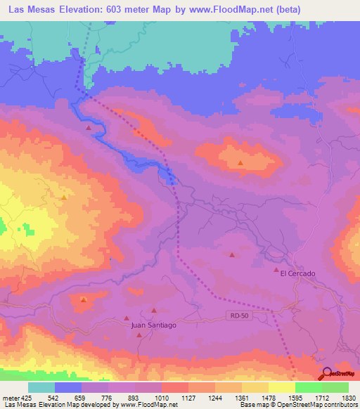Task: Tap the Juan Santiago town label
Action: coord(153,325)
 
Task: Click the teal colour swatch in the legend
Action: coord(41,387)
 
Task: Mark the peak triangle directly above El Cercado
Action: coord(276,268)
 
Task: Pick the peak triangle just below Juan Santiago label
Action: coord(139,335)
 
